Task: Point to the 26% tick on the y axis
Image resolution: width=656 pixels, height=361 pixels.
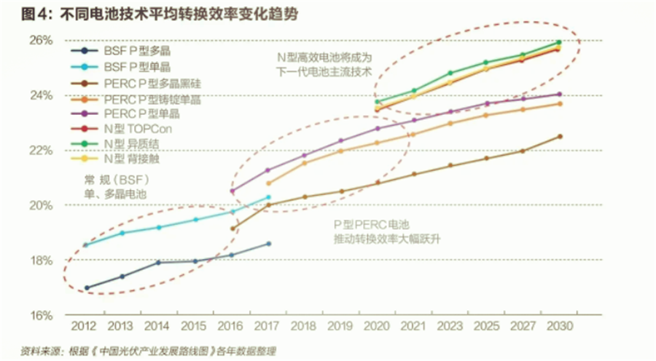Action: tap(41, 41)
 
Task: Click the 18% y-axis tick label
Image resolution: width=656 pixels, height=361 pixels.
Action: tap(41, 261)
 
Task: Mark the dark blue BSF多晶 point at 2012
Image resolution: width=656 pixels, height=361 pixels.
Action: tap(87, 288)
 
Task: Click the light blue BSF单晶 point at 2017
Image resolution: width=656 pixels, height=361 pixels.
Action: tap(268, 197)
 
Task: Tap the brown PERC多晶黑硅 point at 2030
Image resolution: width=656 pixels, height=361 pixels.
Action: tap(560, 136)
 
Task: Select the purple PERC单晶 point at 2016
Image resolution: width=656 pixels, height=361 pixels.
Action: tap(233, 191)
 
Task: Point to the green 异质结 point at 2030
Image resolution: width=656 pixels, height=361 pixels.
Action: tap(559, 42)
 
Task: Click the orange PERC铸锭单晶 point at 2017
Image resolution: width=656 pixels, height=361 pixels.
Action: tap(268, 183)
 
